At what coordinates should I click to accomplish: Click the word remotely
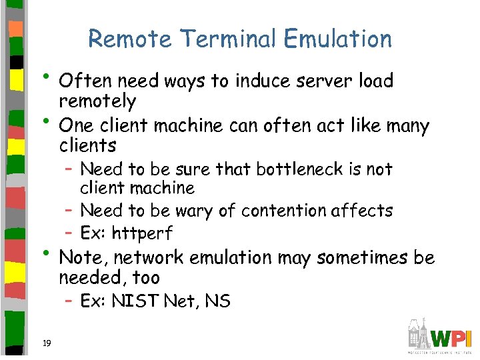coord(97,101)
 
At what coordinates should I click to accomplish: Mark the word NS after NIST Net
coord(218,301)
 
